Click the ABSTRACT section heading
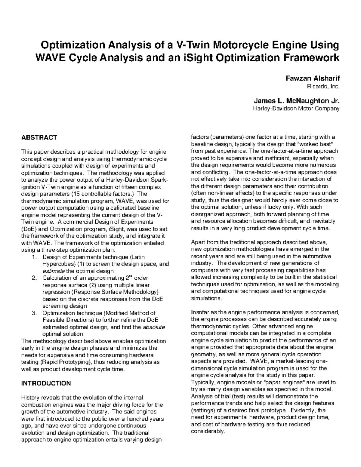click(x=39, y=138)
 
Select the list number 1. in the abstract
click(x=34, y=257)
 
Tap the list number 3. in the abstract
click(x=34, y=313)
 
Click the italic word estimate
click(x=53, y=271)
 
